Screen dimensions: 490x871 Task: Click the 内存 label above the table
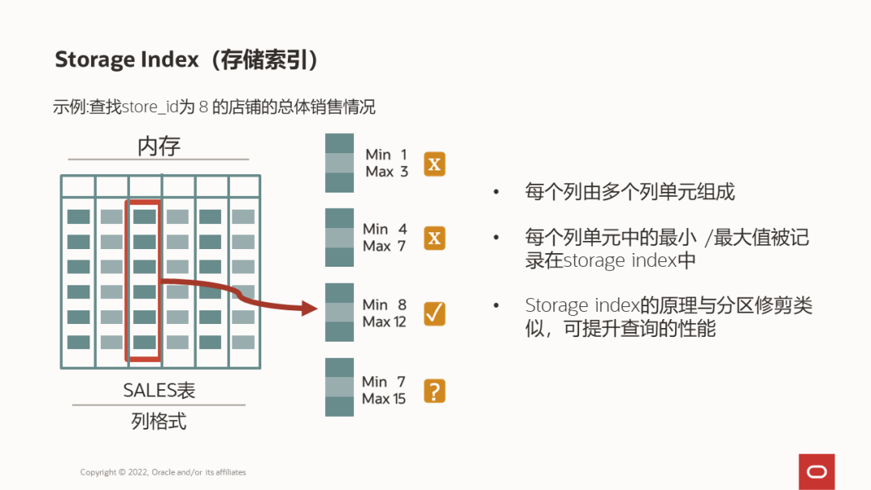[x=159, y=146]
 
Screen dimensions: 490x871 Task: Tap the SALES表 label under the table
[x=159, y=390]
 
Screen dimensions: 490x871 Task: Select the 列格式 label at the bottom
[x=159, y=421]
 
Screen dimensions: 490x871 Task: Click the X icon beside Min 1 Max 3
[x=435, y=164]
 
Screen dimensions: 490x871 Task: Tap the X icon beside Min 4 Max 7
[x=435, y=239]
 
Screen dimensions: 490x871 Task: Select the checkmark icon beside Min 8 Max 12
[x=435, y=314]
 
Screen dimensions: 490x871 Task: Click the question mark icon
[x=435, y=391]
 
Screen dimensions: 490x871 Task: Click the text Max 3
[x=386, y=172]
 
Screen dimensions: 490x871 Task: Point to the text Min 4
[x=385, y=229]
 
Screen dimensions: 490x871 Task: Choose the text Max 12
[x=384, y=322]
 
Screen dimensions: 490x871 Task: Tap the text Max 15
[x=384, y=399]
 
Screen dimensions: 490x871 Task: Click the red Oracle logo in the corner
[x=816, y=471]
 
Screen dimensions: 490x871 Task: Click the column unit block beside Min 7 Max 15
[x=340, y=387]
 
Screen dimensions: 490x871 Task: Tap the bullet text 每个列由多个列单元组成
[x=630, y=192]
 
